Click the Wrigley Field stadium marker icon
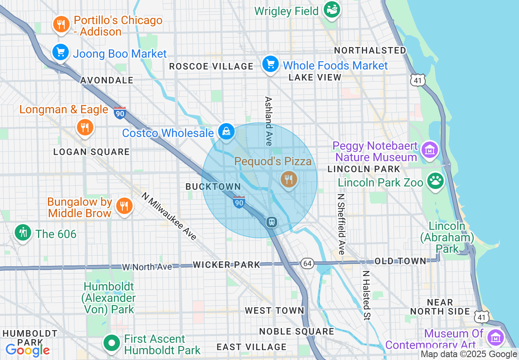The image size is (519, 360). point(332,9)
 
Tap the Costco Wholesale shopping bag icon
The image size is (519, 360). point(226,132)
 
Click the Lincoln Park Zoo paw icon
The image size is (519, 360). point(436,181)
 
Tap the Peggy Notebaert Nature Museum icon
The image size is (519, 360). point(430,150)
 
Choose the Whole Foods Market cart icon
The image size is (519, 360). point(271,65)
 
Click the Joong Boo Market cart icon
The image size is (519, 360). point(61,52)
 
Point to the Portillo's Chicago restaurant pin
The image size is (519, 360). point(61,25)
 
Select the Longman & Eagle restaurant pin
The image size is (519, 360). point(85,127)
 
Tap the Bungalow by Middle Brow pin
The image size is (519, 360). point(123,206)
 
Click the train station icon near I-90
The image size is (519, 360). point(271,222)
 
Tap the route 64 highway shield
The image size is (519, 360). point(307,263)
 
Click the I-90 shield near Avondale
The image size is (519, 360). point(120,112)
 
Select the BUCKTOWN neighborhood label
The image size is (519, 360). point(213,187)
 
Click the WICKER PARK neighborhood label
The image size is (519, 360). point(226,265)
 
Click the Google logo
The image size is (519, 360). point(27,350)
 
